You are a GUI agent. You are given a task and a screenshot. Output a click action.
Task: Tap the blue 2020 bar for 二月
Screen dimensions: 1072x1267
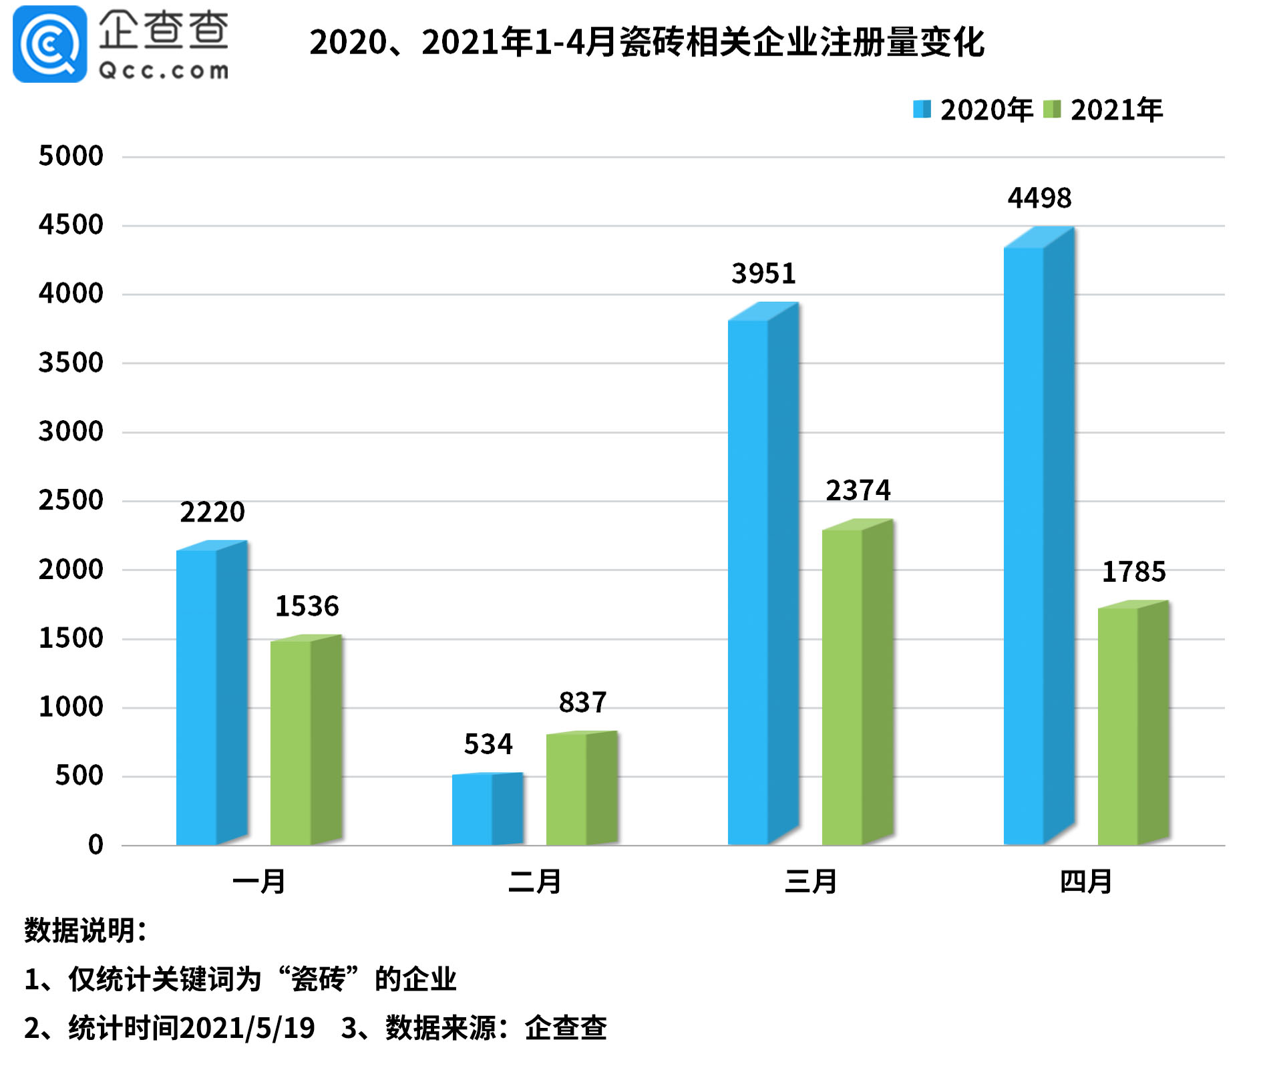point(487,809)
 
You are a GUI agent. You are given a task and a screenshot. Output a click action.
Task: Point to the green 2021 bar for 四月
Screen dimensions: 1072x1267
point(1133,725)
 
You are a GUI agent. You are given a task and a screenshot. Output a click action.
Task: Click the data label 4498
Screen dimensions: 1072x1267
point(1039,198)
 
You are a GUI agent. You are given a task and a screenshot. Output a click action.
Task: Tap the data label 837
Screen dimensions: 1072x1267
point(582,703)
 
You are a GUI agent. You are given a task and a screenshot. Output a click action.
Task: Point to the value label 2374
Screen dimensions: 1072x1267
point(858,491)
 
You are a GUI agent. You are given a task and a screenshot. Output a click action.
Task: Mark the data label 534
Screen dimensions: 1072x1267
point(488,744)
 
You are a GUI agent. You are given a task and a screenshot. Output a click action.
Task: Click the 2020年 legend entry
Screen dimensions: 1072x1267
point(972,110)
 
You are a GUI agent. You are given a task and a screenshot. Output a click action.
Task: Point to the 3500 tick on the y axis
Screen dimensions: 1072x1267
point(71,363)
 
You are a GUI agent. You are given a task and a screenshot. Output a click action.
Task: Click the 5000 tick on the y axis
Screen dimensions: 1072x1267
point(71,156)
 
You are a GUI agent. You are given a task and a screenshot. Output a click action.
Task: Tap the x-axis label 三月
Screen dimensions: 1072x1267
point(811,882)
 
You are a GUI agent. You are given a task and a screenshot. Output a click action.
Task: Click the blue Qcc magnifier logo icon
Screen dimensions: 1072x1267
point(49,44)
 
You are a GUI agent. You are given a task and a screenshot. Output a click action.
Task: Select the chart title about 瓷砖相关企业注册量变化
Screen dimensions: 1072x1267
point(646,43)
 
